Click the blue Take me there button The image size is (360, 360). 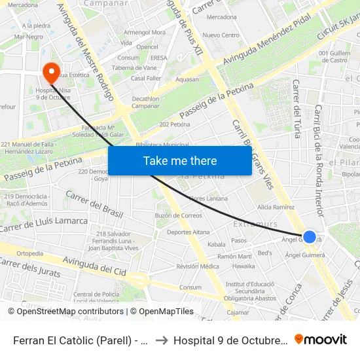click(x=179, y=160)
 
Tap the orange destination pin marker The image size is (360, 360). click(x=51, y=73)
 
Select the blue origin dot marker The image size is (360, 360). click(x=310, y=237)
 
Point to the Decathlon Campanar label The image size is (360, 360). click(x=145, y=102)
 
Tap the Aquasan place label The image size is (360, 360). click(x=187, y=79)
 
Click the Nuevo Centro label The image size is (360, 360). click(x=221, y=35)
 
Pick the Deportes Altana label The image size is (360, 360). click(x=188, y=232)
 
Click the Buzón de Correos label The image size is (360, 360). click(x=178, y=215)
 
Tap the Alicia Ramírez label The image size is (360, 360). click(x=276, y=207)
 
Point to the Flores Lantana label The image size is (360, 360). click(x=208, y=198)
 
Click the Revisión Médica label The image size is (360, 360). click(x=198, y=266)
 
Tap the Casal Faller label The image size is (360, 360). click(x=146, y=78)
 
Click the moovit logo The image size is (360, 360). click(x=321, y=339)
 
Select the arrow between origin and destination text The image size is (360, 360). click(x=162, y=340)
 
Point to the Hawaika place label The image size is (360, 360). click(x=243, y=266)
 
